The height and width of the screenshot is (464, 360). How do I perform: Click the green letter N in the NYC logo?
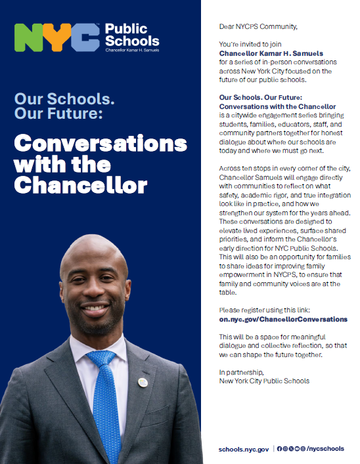pos(29,38)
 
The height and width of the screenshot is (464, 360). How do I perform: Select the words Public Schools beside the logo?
pos(132,35)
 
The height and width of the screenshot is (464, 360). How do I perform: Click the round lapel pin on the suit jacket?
pos(143,382)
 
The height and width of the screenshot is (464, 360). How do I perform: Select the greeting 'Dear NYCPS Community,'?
pos(258,26)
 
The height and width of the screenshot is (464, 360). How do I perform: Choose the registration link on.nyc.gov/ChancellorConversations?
pos(283,319)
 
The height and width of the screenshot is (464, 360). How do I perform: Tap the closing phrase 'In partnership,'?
pos(238,372)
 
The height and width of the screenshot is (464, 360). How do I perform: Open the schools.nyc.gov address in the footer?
pos(244,449)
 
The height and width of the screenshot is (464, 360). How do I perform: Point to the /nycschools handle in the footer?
pos(325,449)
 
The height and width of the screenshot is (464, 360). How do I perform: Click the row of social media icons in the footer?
pos(291,449)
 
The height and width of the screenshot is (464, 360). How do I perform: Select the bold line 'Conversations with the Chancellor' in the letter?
pos(277,106)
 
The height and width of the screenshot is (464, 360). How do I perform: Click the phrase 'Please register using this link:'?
pos(261,310)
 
